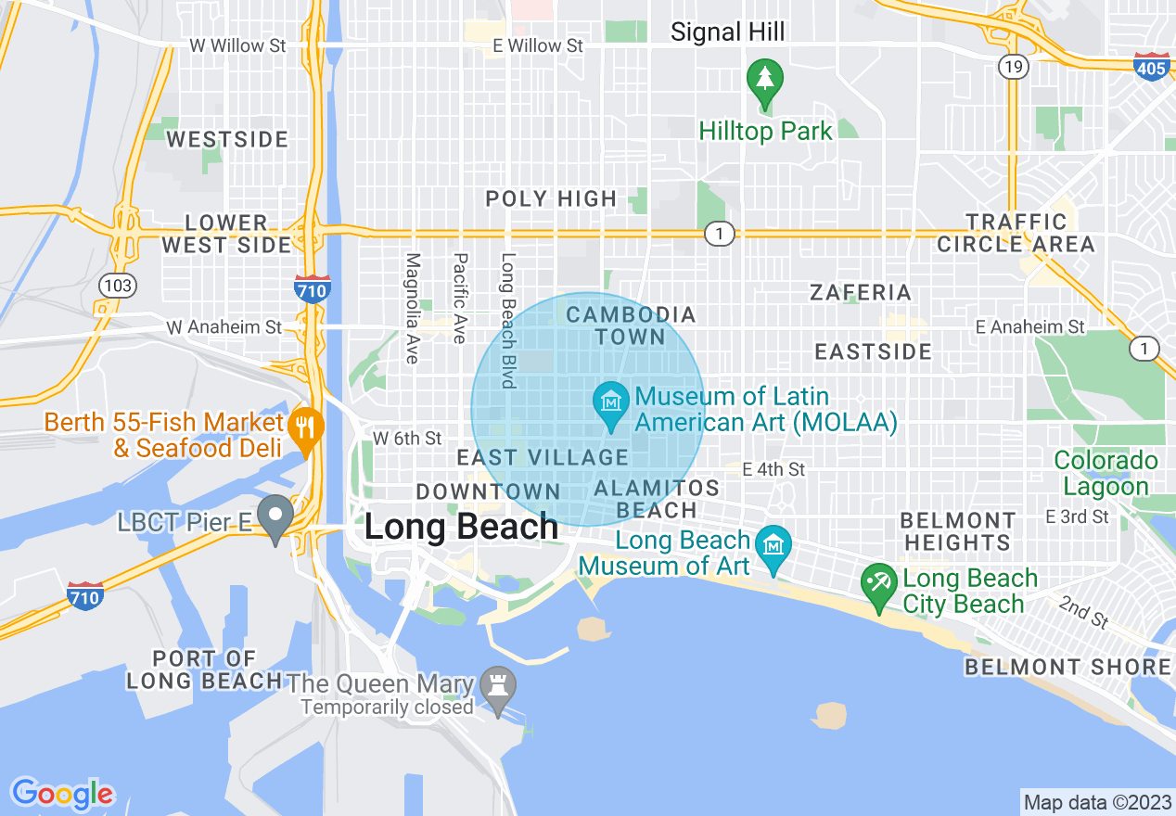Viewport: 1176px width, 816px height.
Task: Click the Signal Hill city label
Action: click(x=727, y=32)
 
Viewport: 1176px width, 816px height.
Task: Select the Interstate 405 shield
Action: click(x=1151, y=67)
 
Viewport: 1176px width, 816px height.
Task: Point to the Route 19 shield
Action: click(x=1011, y=66)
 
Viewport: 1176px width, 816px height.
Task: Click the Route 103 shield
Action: click(x=119, y=286)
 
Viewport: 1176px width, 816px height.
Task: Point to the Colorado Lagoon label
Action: click(x=1106, y=473)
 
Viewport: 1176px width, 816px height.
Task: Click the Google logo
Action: click(x=62, y=793)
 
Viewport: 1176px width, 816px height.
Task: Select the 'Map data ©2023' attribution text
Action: click(x=1098, y=801)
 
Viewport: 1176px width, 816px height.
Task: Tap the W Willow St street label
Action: click(x=237, y=45)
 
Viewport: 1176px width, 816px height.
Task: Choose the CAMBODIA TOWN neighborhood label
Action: click(x=631, y=325)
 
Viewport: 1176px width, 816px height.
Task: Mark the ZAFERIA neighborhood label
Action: click(x=861, y=293)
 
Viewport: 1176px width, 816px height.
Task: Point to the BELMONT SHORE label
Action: click(x=1067, y=668)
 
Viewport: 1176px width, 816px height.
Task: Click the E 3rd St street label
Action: click(x=1077, y=516)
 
